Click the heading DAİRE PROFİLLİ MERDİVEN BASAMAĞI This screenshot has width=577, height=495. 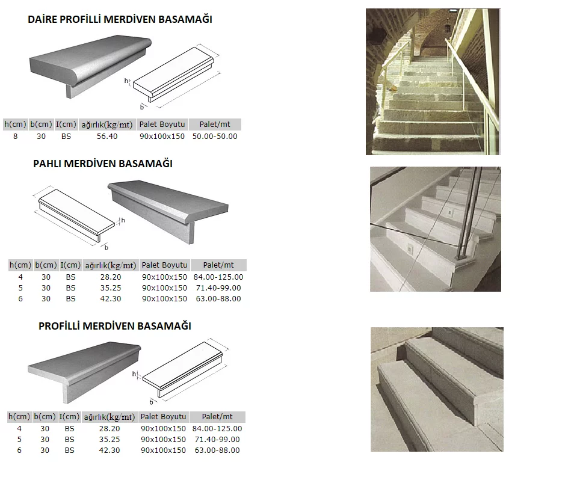120,19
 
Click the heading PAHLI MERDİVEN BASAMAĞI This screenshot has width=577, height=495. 103,164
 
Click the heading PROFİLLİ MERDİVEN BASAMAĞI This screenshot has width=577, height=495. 115,326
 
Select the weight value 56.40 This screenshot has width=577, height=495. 107,137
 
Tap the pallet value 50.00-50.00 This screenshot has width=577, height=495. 215,137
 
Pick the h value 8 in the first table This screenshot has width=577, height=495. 15,137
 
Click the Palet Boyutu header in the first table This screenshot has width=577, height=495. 162,125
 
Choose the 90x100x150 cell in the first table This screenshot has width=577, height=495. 162,137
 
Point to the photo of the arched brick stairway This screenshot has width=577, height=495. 433,82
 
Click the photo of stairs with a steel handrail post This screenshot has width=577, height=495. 435,229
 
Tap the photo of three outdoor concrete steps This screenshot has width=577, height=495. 436,389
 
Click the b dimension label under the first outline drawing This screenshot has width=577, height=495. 142,106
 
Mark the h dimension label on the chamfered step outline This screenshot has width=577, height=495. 123,221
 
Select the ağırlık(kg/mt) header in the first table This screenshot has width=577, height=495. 107,125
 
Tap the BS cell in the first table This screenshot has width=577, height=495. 66,137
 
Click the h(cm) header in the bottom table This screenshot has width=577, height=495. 19,417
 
